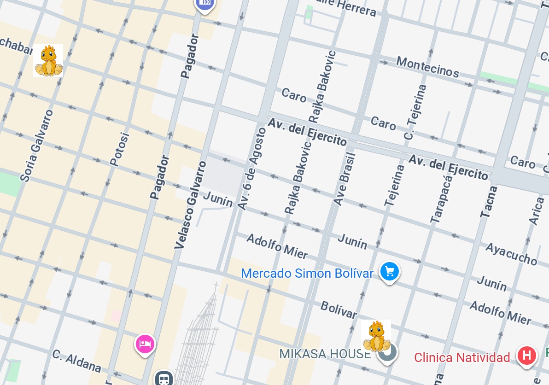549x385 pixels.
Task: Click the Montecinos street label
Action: tap(427, 67)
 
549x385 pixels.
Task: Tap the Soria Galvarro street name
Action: tap(37, 146)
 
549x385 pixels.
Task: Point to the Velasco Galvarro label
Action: tap(190, 205)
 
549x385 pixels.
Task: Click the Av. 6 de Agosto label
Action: tap(252, 169)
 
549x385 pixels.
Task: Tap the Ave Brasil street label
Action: tap(345, 179)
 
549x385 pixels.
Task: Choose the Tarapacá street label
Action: tap(441, 198)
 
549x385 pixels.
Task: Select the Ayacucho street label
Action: tap(511, 254)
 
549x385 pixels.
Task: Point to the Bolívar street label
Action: tap(339, 310)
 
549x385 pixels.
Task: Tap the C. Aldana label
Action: tap(76, 361)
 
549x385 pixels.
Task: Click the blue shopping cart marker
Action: tap(390, 271)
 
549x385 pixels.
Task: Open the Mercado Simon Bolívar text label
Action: tap(307, 273)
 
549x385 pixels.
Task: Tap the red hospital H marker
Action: tap(527, 356)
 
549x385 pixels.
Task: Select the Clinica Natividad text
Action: tap(462, 357)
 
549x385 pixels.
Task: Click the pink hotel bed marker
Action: tap(145, 344)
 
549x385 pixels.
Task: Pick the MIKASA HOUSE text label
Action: tap(325, 354)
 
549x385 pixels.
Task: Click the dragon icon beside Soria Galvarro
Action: tap(48, 60)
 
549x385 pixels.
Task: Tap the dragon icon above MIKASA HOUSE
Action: tap(376, 336)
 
